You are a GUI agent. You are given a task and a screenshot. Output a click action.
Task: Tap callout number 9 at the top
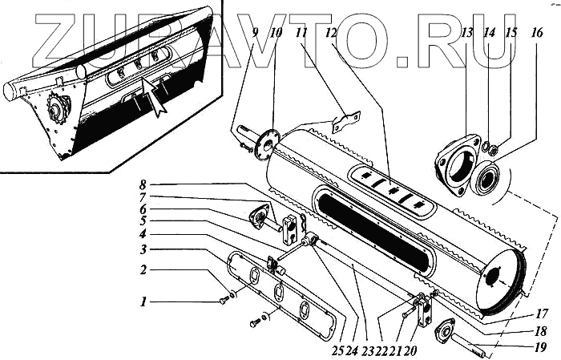[255, 34]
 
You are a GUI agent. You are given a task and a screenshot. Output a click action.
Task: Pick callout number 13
[466, 34]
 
